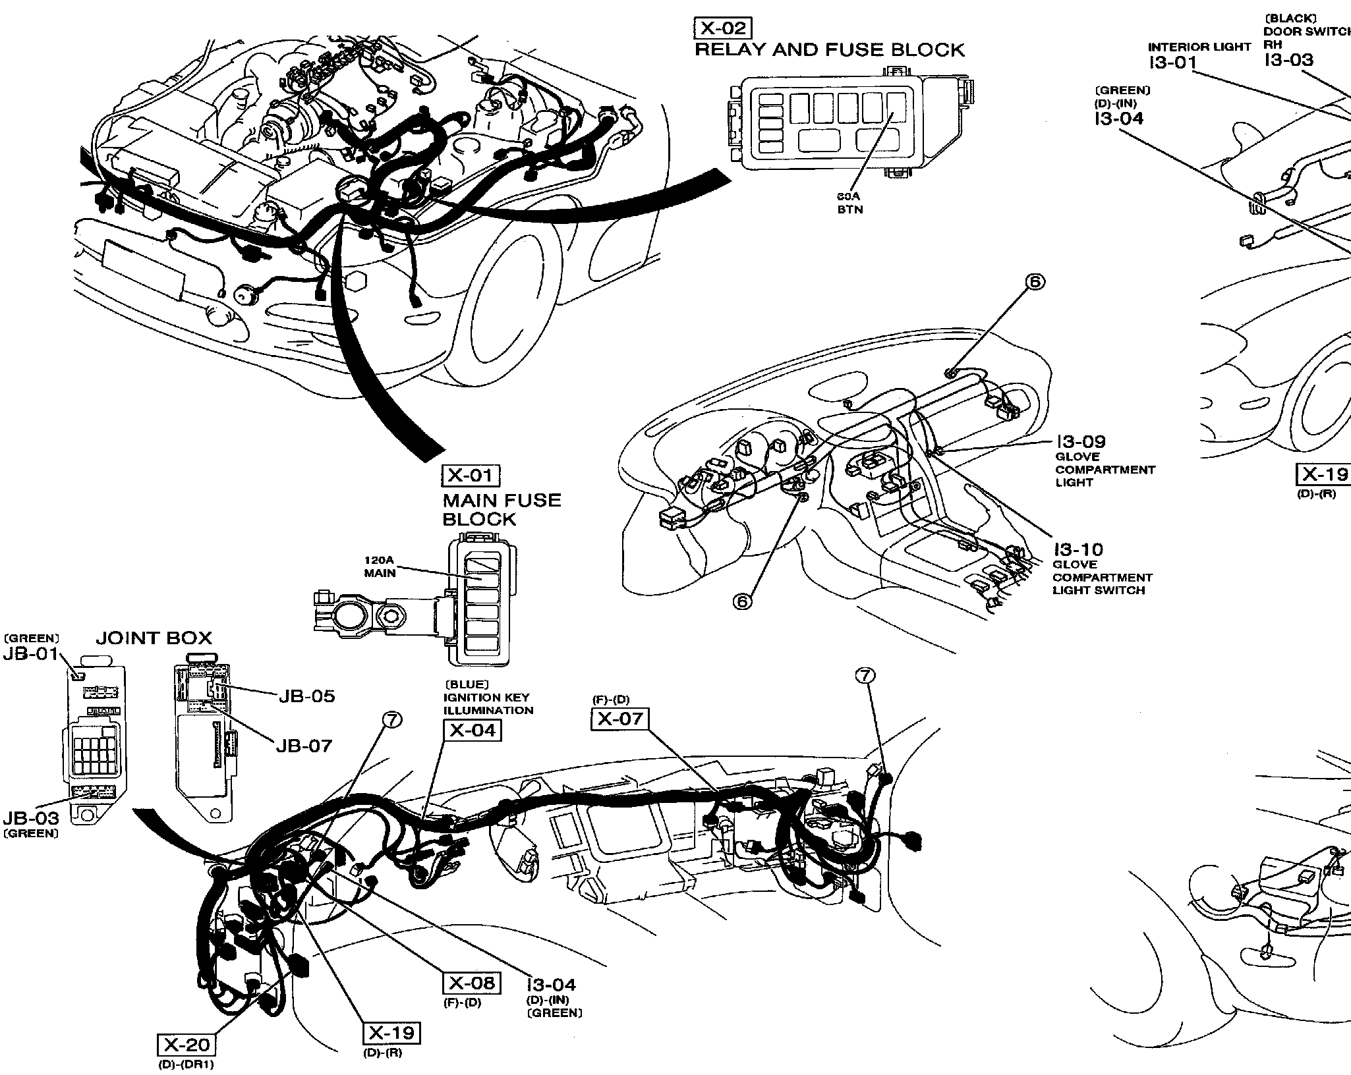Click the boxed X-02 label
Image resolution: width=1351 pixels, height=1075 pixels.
pyautogui.click(x=722, y=28)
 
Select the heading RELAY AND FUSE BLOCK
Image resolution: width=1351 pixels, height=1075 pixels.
pyautogui.click(x=830, y=50)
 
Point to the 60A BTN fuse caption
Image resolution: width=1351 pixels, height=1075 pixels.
pyautogui.click(x=849, y=203)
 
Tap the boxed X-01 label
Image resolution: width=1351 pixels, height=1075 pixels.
pyautogui.click(x=471, y=476)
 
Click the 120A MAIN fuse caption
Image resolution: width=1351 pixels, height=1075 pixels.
pyautogui.click(x=380, y=566)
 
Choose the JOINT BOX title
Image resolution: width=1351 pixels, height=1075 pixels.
pyautogui.click(x=154, y=638)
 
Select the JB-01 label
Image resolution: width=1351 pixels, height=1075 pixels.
pyautogui.click(x=30, y=654)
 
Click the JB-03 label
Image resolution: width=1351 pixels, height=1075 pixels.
pyautogui.click(x=30, y=818)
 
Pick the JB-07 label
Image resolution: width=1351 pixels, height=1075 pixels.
pyautogui.click(x=304, y=746)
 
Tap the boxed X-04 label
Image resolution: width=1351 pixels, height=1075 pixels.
pyautogui.click(x=472, y=730)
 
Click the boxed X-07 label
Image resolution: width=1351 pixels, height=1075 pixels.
pyautogui.click(x=619, y=719)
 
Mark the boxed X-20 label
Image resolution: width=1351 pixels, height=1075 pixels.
pyautogui.click(x=187, y=1045)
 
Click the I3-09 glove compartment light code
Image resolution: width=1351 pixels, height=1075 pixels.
pyautogui.click(x=1080, y=441)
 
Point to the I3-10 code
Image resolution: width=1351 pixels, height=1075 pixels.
pyautogui.click(x=1078, y=549)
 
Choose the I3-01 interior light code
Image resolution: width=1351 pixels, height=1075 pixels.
pyautogui.click(x=1171, y=63)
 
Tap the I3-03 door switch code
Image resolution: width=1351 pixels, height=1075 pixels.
pyautogui.click(x=1288, y=60)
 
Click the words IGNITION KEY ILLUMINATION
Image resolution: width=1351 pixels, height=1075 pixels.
pyautogui.click(x=488, y=703)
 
